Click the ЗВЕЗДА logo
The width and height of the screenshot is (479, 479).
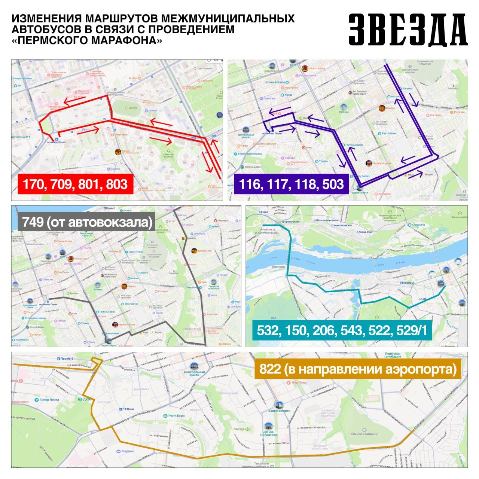(x=408, y=30)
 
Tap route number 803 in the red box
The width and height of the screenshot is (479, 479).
(x=116, y=184)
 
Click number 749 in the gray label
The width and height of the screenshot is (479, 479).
(x=32, y=222)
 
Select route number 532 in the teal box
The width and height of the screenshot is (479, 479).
(x=269, y=330)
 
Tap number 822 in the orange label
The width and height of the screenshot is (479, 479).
(x=270, y=369)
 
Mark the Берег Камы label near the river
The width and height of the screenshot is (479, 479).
(x=278, y=267)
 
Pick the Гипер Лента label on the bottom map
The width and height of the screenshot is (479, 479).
(x=49, y=400)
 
